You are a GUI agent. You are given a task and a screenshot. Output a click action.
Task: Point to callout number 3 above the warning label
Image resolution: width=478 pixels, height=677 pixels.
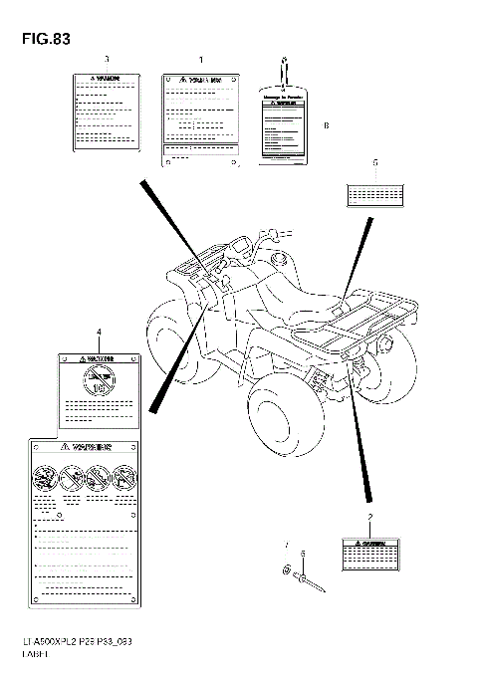click(x=107, y=60)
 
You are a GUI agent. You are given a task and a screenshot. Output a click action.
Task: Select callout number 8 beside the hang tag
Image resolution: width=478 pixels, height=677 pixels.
click(x=326, y=125)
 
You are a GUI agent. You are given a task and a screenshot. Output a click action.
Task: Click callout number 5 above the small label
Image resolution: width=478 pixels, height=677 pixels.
click(x=374, y=161)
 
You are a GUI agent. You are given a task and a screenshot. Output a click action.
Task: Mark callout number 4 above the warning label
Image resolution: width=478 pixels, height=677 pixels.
click(x=99, y=331)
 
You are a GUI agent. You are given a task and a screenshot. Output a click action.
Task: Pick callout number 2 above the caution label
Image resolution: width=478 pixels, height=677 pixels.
click(x=369, y=518)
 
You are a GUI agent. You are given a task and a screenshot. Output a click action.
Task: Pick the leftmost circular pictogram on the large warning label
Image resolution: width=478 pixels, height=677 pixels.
click(x=44, y=476)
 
